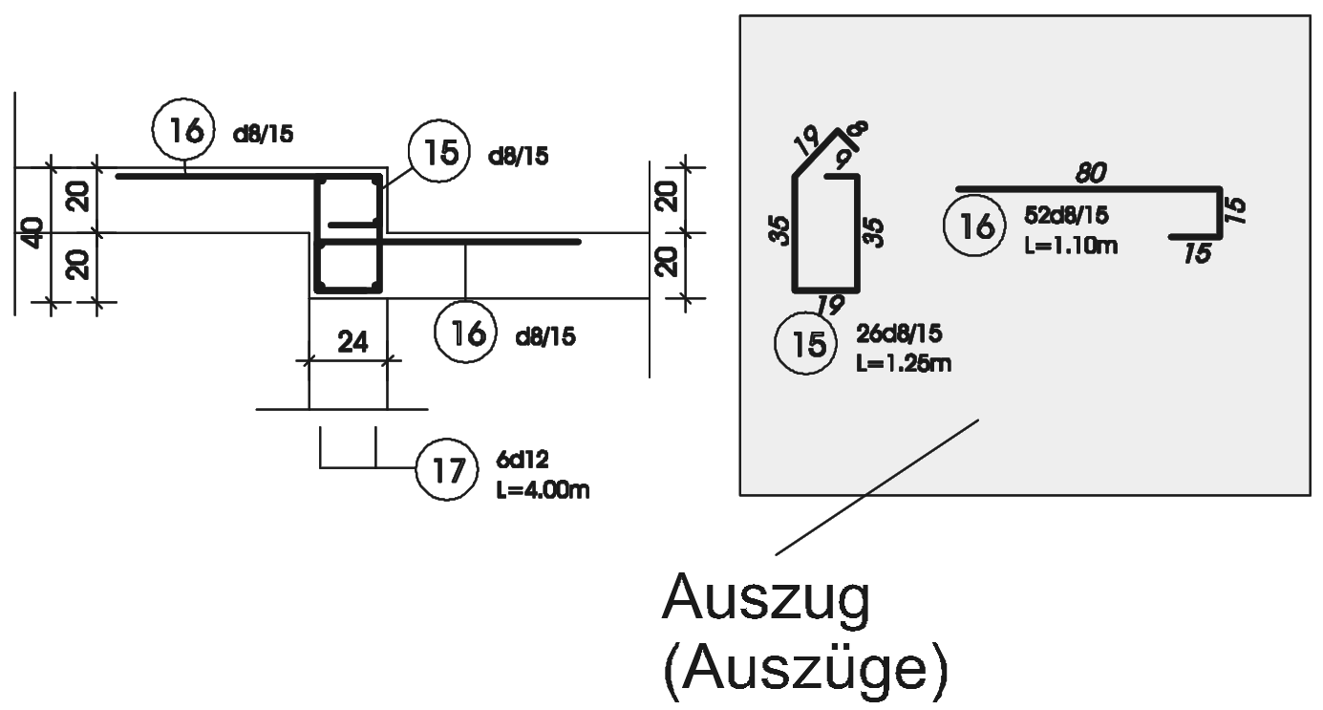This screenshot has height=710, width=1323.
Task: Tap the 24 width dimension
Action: pos(354,341)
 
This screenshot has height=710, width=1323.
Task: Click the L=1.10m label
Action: pos(1070,247)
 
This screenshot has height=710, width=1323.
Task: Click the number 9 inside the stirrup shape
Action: pos(843,155)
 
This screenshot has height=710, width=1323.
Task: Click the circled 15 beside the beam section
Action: pos(437,153)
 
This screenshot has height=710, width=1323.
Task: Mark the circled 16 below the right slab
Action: pos(464,333)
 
